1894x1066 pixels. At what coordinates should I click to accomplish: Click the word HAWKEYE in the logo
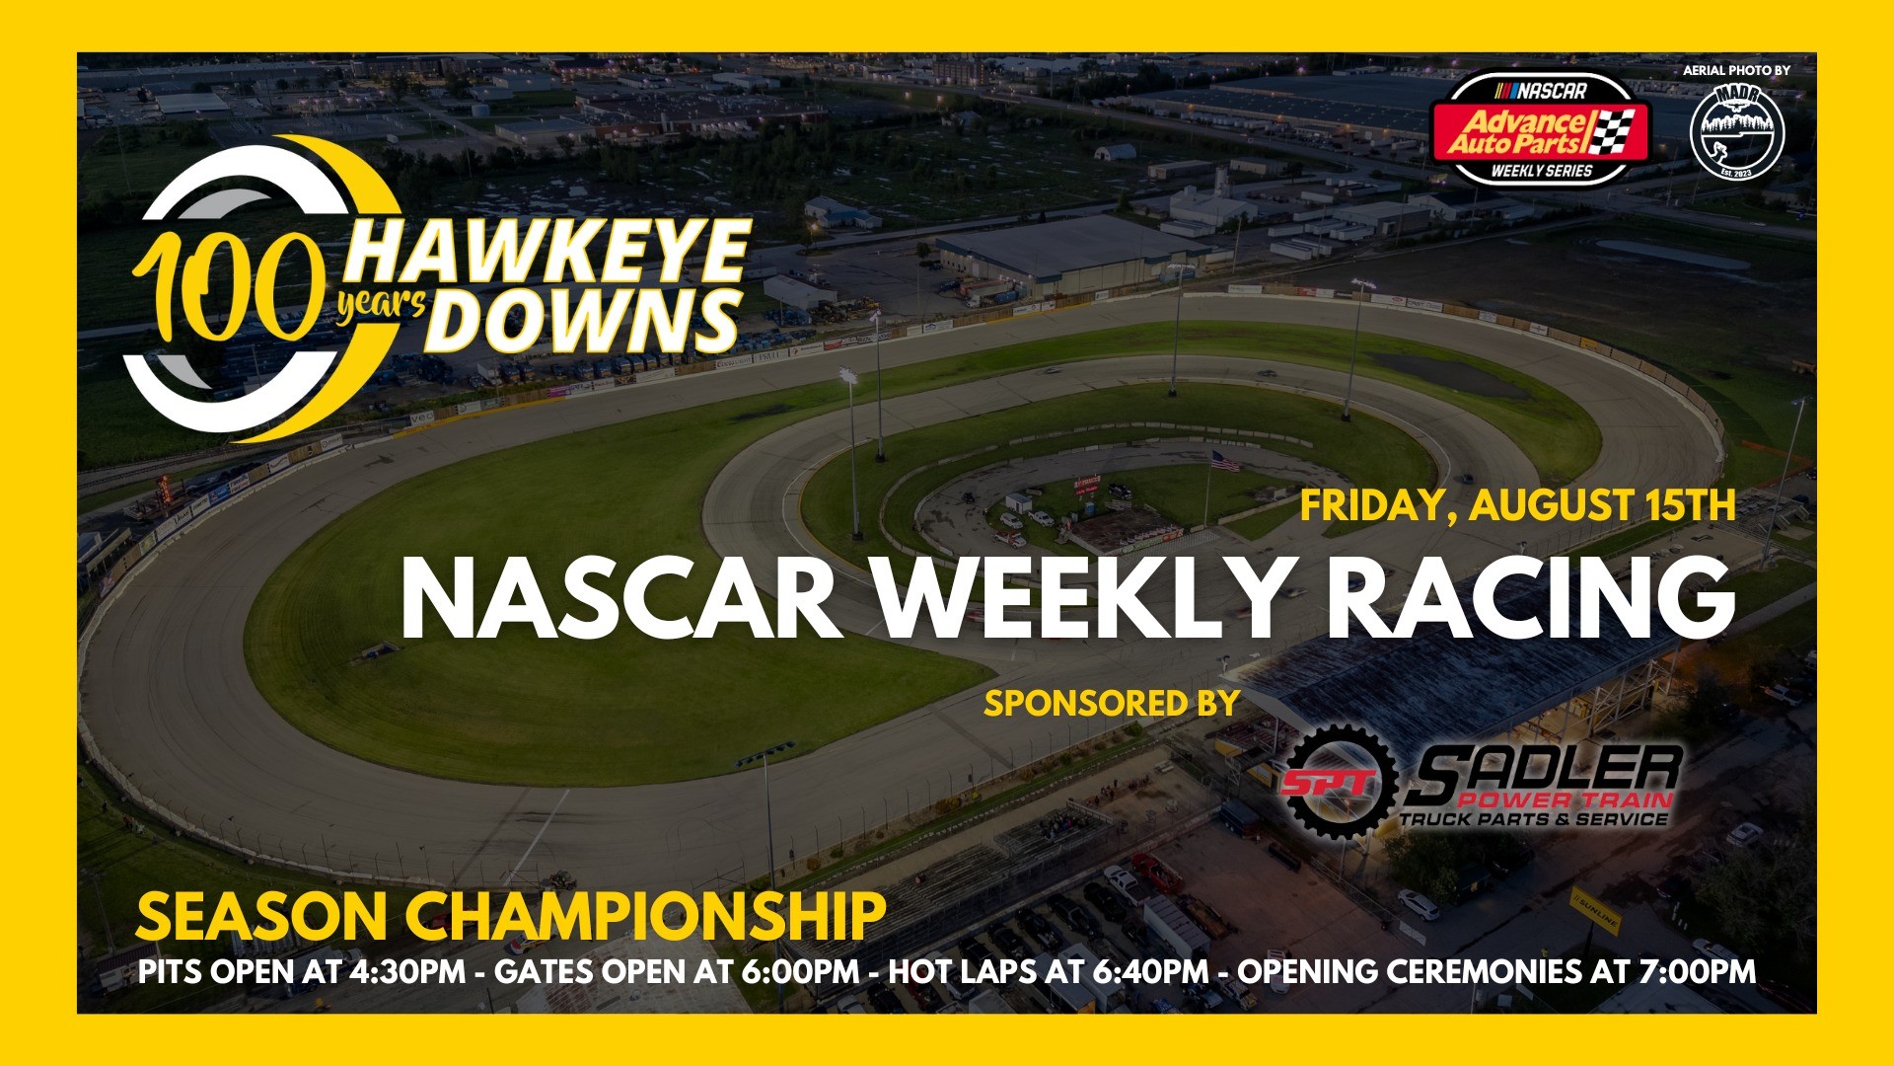(x=548, y=253)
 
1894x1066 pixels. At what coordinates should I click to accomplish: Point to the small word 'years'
(x=381, y=305)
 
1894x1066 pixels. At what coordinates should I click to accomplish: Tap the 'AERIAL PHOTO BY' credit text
(x=1736, y=70)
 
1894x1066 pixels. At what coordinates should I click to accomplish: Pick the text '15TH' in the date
(x=1690, y=505)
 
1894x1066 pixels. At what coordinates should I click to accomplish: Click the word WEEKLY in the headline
(x=1081, y=599)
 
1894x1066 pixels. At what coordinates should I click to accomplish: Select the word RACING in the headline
(x=1530, y=599)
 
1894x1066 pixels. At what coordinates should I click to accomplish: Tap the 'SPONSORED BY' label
(x=1112, y=703)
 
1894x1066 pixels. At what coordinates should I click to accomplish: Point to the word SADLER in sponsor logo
(x=1545, y=771)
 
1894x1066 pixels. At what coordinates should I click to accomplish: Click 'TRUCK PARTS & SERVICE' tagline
(x=1534, y=819)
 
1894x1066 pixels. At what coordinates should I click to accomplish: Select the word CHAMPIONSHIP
(x=645, y=917)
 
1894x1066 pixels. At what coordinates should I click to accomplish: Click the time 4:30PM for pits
(x=406, y=971)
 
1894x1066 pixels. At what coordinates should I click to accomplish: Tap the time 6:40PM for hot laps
(x=1150, y=971)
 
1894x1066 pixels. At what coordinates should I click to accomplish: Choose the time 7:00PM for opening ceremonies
(x=1697, y=971)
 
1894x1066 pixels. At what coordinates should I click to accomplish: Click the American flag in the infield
(x=1224, y=460)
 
